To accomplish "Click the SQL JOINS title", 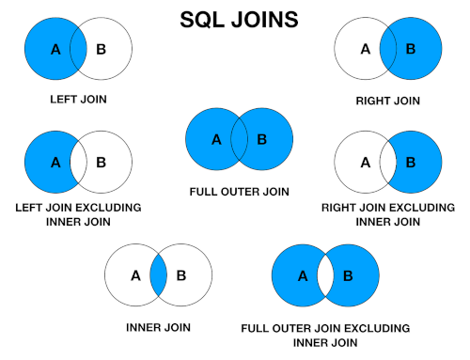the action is point(239,20).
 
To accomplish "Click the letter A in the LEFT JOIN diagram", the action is point(55,50).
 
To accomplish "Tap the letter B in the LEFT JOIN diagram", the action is point(101,49).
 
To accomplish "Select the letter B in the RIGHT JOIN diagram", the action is point(411,49).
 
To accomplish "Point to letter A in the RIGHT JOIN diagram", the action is point(366,49).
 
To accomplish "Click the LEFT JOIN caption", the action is point(78,100).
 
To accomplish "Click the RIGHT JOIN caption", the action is point(388,101).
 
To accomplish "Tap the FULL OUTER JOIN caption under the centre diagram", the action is point(239,192).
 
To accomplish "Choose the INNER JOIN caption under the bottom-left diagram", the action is point(158,328).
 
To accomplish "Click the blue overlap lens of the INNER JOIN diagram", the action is point(158,275).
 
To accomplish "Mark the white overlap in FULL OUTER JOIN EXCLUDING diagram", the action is point(325,275).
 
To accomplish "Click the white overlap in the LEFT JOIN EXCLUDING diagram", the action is point(78,162).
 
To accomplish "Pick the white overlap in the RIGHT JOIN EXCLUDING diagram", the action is point(388,162).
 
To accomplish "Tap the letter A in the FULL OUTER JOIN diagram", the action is point(216,140).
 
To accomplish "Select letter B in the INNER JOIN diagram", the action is point(181,275).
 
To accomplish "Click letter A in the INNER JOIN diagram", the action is point(135,275).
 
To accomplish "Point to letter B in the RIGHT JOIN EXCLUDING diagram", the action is point(411,163).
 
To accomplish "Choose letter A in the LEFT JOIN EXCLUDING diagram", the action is point(55,163).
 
